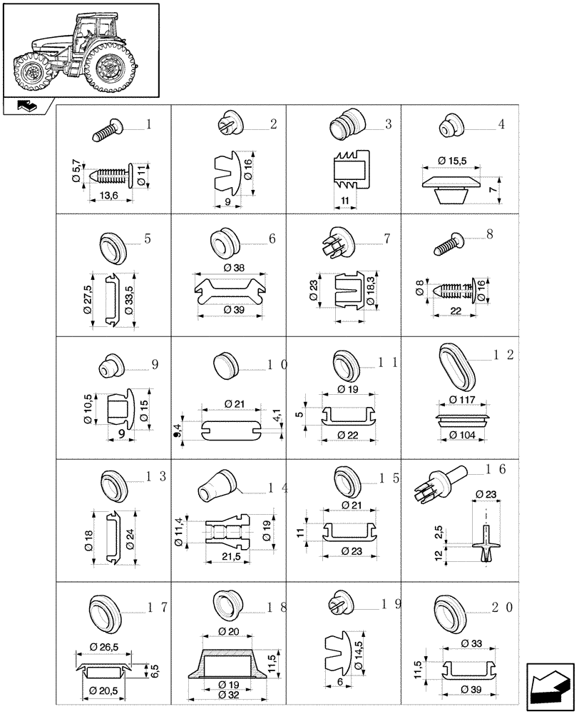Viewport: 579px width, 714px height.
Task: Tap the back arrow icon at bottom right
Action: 550,686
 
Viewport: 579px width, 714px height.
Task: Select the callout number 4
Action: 502,124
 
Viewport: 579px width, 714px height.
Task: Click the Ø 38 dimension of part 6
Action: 233,267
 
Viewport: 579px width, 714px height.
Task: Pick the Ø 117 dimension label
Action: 463,399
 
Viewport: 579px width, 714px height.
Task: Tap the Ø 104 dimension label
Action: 463,435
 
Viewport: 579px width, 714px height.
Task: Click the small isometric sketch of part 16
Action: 437,483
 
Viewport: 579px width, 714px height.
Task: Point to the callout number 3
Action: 388,124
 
